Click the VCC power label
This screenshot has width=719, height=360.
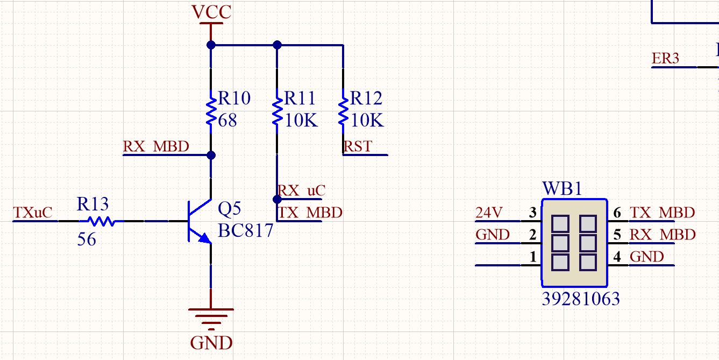coord(211,12)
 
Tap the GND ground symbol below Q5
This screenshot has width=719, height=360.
coord(211,320)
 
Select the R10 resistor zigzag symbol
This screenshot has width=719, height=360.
coord(211,111)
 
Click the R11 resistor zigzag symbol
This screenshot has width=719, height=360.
coord(277,111)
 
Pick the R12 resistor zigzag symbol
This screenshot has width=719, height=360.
coord(343,111)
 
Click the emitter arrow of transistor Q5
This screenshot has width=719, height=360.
coord(204,238)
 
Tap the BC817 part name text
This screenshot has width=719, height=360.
coord(246,230)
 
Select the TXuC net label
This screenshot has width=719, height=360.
coord(32,213)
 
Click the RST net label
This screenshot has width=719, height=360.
coord(358,147)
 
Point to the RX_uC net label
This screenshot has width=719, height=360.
coord(301,190)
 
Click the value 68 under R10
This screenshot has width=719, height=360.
coord(227,121)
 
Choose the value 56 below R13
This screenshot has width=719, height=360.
coord(87,239)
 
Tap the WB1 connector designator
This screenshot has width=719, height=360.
coord(562,188)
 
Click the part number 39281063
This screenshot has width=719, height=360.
coord(581,299)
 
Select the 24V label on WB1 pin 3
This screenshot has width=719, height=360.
coord(489,213)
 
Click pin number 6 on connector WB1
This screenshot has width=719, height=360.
coord(617,213)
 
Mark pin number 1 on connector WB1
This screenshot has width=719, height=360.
coord(533,257)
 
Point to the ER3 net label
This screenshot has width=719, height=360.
coord(665,59)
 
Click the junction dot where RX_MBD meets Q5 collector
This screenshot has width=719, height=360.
coord(211,156)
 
